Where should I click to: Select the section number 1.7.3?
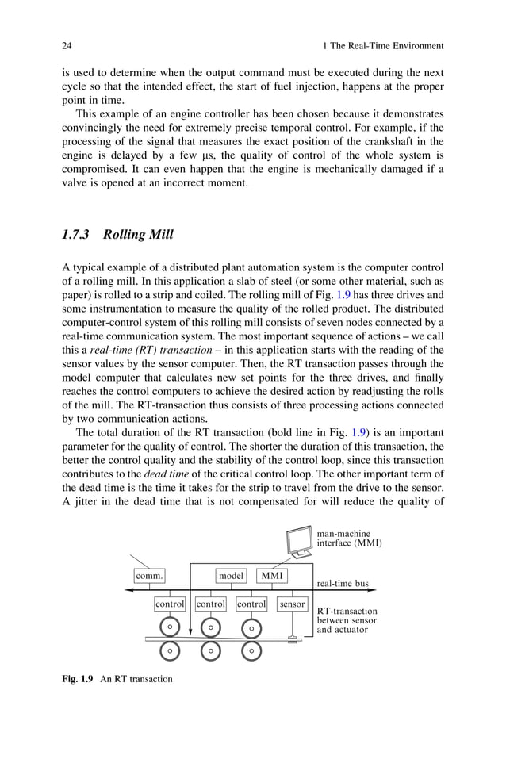pos(78,235)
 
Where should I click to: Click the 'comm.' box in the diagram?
pos(148,576)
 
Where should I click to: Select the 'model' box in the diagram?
pos(231,576)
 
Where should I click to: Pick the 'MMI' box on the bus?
pos(272,576)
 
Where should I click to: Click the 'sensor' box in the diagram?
pos(292,604)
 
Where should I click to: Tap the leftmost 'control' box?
pos(170,604)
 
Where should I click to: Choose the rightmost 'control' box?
pos(251,604)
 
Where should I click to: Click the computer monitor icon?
pos(299,543)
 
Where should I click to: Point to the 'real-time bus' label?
pos(343,584)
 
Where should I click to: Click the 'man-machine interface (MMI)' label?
pos(349,539)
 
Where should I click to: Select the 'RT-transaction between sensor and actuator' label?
pos(347,621)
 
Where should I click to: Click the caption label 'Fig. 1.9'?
pos(79,679)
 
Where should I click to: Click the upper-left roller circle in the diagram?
pos(170,627)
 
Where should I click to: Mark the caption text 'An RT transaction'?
pos(136,679)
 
